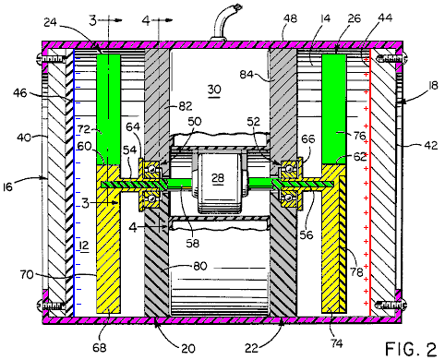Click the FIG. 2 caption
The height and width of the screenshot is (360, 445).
click(x=411, y=350)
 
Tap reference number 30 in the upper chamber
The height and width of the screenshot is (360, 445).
click(x=214, y=90)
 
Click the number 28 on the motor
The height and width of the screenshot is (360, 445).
click(x=218, y=178)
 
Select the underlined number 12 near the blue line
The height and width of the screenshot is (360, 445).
click(x=83, y=246)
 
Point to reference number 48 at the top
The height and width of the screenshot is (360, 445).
click(x=290, y=18)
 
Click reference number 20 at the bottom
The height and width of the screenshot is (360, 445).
click(x=188, y=349)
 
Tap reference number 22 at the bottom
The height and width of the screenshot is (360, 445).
click(x=252, y=348)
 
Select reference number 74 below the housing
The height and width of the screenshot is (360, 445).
click(x=337, y=342)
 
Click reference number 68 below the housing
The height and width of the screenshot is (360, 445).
click(x=100, y=348)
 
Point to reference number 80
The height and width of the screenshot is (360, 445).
click(x=200, y=266)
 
